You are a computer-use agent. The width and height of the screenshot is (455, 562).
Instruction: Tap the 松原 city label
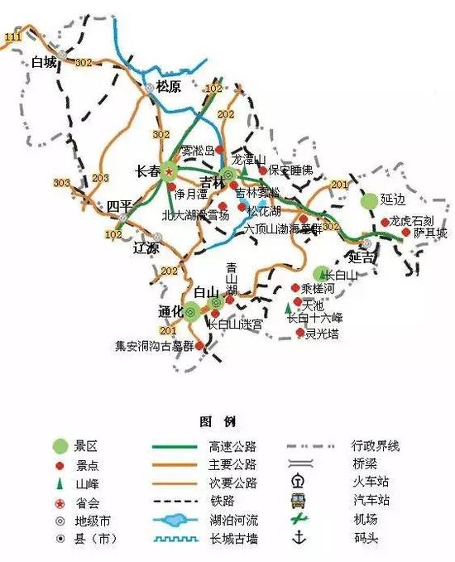[168, 85]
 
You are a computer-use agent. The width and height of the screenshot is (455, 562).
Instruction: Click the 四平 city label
[119, 205]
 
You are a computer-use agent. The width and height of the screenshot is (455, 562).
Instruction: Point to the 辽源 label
[146, 247]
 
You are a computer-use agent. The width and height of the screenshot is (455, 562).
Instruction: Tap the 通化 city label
[170, 311]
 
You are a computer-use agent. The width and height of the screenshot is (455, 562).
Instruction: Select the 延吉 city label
[362, 257]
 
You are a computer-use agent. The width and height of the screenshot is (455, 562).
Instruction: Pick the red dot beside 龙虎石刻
[384, 222]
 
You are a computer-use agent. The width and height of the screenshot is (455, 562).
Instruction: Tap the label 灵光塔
[322, 334]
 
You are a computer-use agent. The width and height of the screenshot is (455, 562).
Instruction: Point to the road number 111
[12, 38]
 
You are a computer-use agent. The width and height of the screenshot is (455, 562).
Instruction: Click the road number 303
[61, 183]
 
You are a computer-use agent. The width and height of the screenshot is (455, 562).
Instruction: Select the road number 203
[100, 178]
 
